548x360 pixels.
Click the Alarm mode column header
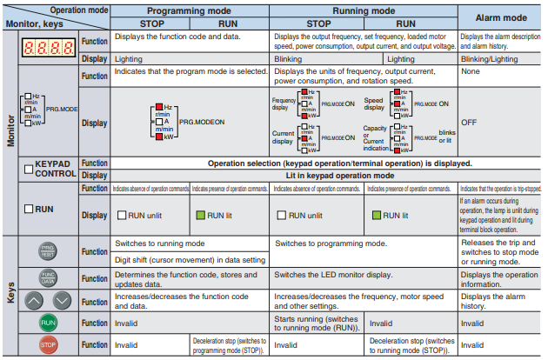point(498,17)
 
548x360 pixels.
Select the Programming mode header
point(190,10)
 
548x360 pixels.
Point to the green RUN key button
point(49,323)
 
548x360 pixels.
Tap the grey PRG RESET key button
point(49,252)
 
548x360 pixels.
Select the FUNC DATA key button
point(49,277)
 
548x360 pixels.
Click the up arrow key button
point(34,300)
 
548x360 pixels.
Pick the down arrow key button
point(63,300)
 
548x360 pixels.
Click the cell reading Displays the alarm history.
point(494,301)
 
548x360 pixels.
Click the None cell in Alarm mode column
point(473,75)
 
